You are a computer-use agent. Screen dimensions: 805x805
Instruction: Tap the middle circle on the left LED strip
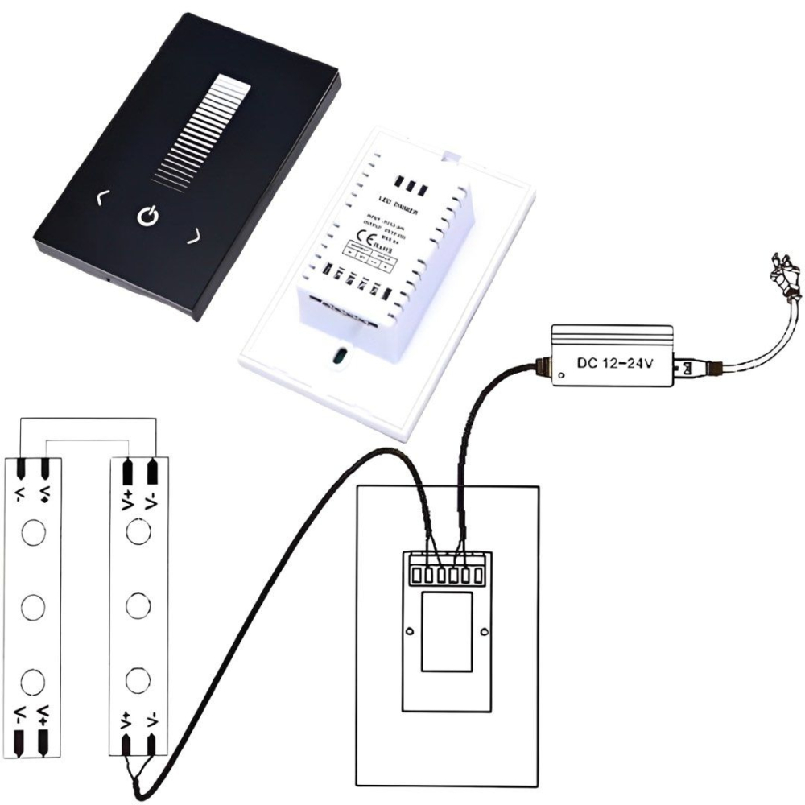tap(33, 605)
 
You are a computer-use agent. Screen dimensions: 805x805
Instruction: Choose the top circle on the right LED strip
tap(138, 531)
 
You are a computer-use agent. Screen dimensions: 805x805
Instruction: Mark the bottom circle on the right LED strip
tap(138, 679)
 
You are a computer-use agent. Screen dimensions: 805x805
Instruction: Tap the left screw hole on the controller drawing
tap(410, 630)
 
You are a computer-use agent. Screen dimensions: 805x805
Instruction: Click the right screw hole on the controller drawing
tap(484, 630)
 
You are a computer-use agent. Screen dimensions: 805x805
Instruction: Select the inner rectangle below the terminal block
tap(446, 632)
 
